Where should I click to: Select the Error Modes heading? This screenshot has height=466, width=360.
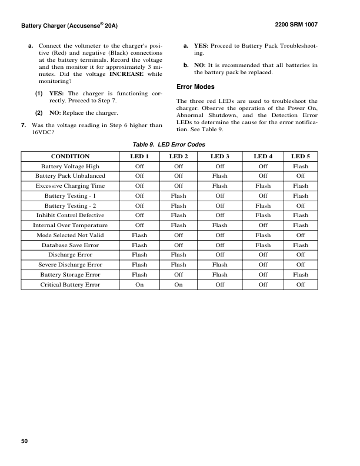pyautogui.click(x=195, y=87)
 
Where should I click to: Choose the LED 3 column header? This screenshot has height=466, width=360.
pyautogui.click(x=220, y=157)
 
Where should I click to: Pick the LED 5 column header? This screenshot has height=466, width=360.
pyautogui.click(x=301, y=157)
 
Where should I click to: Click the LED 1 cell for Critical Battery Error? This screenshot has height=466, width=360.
pyautogui.click(x=139, y=285)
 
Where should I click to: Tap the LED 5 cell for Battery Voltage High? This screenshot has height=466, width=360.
pyautogui.click(x=301, y=166)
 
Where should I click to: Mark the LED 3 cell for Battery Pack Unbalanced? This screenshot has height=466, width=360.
pyautogui.click(x=220, y=175)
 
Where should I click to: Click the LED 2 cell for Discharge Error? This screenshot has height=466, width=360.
pyautogui.click(x=178, y=255)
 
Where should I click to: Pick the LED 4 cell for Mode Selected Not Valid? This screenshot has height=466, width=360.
pyautogui.click(x=262, y=235)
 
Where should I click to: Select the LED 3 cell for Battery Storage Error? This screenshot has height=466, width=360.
pyautogui.click(x=220, y=275)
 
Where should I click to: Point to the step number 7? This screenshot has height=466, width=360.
pyautogui.click(x=23, y=125)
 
